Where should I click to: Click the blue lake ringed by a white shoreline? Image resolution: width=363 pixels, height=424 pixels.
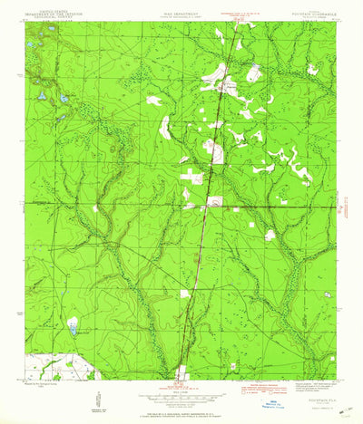pos(73,325)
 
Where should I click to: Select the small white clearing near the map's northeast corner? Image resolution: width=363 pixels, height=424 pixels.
pos(312,68)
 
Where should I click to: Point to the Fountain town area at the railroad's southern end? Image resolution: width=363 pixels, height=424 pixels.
pos(182,370)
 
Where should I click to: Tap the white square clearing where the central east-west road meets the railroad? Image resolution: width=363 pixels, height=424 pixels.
pos(214,202)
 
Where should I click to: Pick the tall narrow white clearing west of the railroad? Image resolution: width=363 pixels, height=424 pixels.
pos(164,127)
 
